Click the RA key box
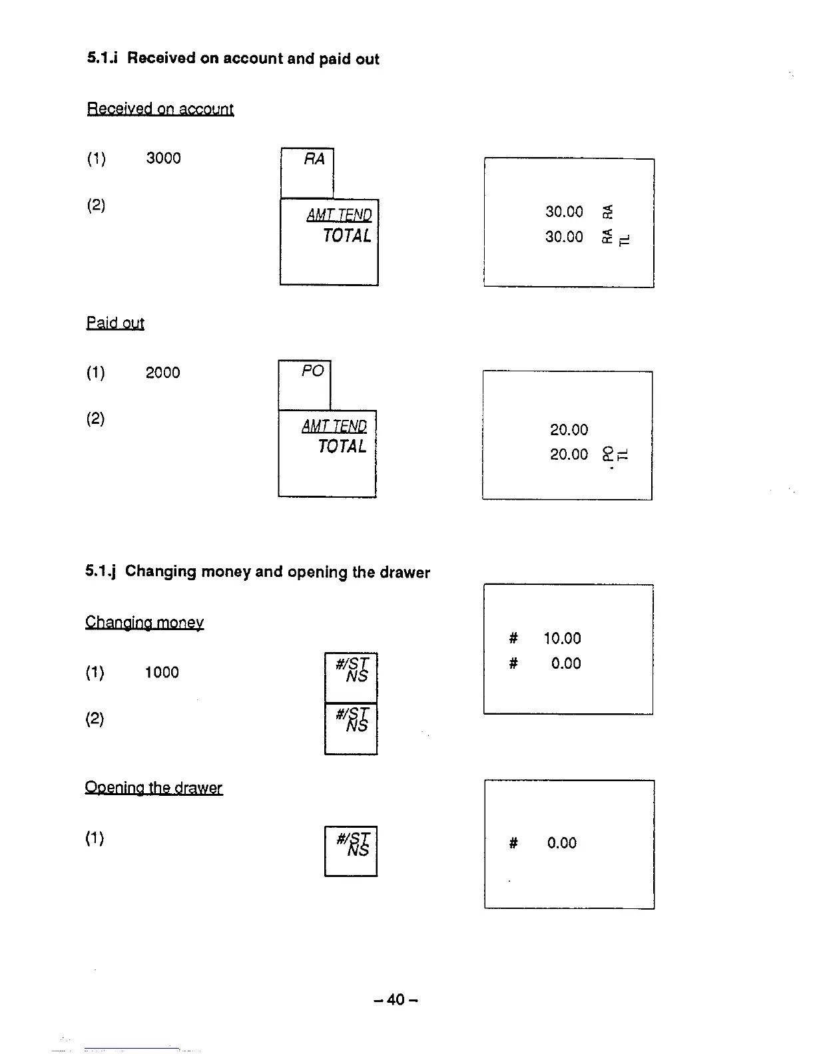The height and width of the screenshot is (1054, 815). pyautogui.click(x=307, y=172)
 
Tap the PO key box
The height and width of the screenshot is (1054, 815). pyautogui.click(x=304, y=385)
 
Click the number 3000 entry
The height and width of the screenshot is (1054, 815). pyautogui.click(x=163, y=158)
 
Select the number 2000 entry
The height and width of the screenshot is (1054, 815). pyautogui.click(x=162, y=373)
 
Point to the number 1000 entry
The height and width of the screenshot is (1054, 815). pyautogui.click(x=162, y=673)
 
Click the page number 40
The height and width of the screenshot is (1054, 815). pyautogui.click(x=396, y=999)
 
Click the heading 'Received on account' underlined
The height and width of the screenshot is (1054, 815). pyautogui.click(x=160, y=109)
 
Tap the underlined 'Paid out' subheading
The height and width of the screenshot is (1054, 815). pyautogui.click(x=115, y=323)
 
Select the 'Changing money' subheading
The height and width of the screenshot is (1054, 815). pyautogui.click(x=144, y=623)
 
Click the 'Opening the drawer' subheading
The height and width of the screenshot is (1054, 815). pyautogui.click(x=153, y=789)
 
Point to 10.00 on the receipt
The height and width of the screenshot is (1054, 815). pyautogui.click(x=562, y=639)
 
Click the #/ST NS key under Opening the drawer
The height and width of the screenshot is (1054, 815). pyautogui.click(x=351, y=850)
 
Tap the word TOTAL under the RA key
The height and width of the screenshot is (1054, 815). pyautogui.click(x=346, y=236)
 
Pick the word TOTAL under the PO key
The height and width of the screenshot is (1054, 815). pyautogui.click(x=342, y=446)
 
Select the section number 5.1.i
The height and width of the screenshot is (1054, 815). pyautogui.click(x=102, y=59)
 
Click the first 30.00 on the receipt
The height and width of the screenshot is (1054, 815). pyautogui.click(x=564, y=212)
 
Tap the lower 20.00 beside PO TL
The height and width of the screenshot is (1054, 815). pyautogui.click(x=569, y=454)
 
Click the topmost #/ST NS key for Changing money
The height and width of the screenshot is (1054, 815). pyautogui.click(x=351, y=677)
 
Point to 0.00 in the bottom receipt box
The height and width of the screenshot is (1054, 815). pyautogui.click(x=561, y=843)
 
